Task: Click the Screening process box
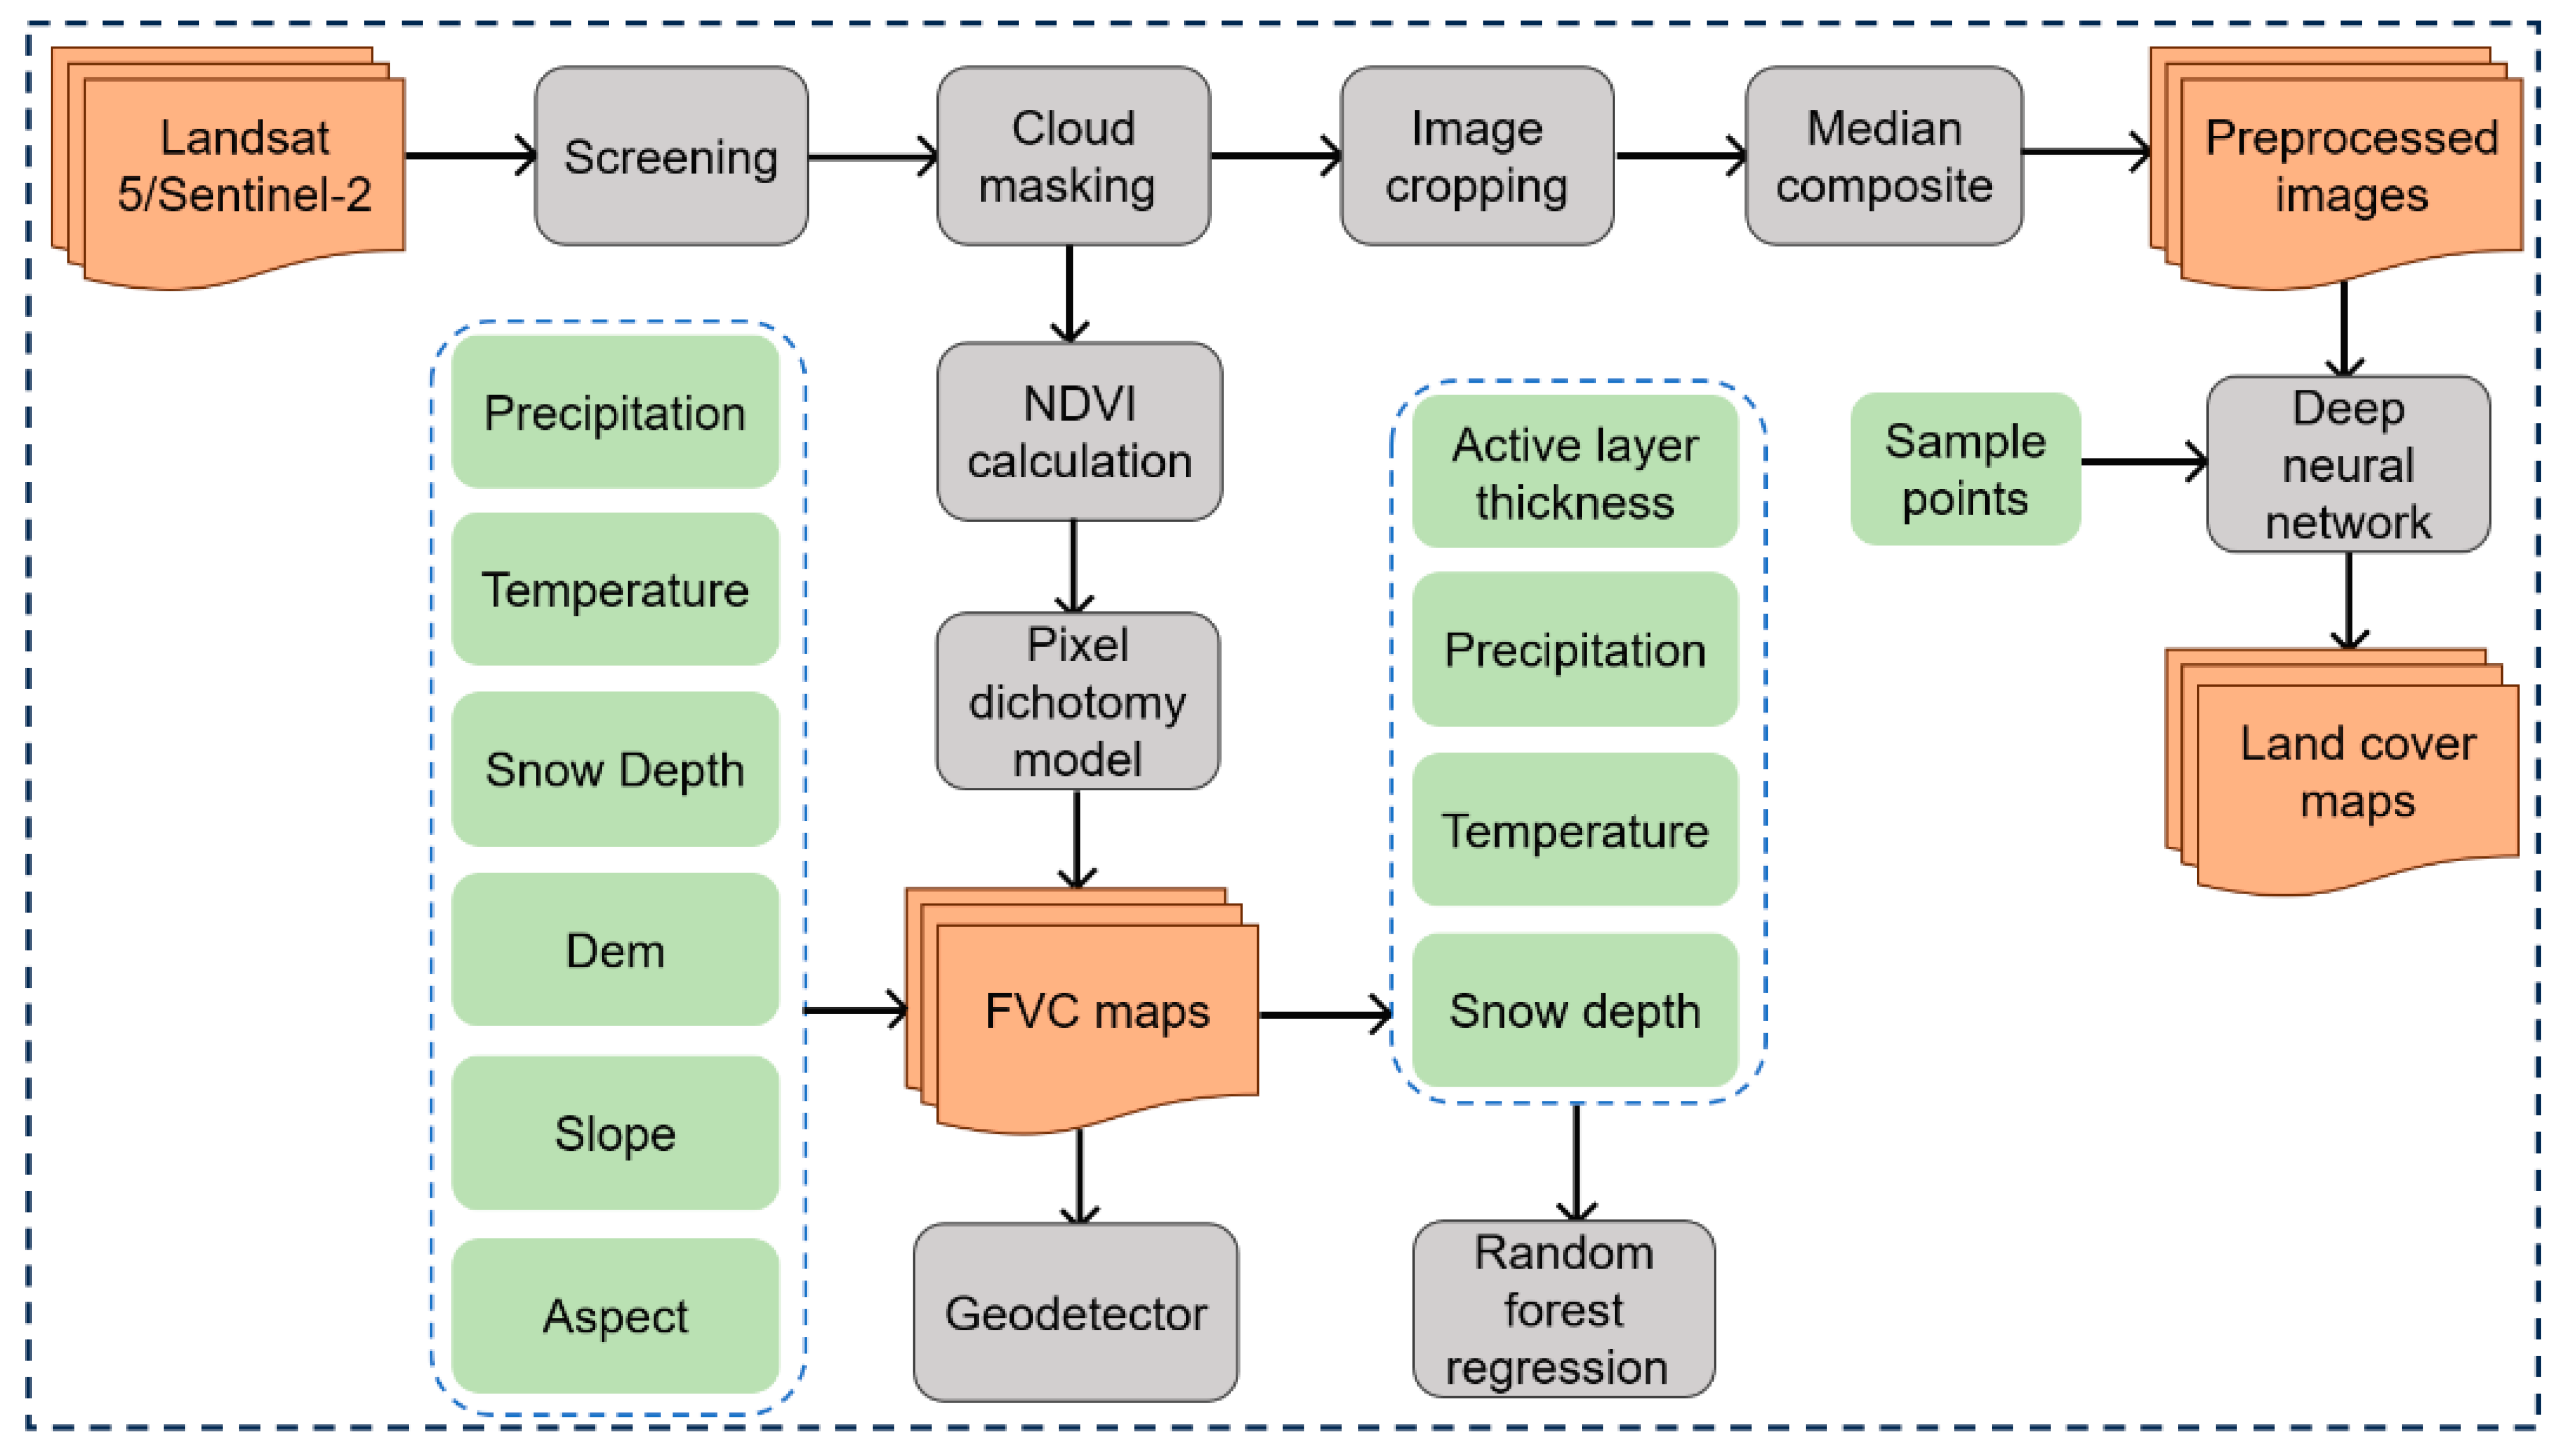pos(671,156)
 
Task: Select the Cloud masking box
pos(1074,156)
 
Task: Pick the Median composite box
pos(1884,156)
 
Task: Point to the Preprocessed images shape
pos(2337,168)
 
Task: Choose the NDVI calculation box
pos(1079,431)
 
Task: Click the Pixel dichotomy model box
pos(1078,701)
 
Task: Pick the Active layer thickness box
pos(1575,471)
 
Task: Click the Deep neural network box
pos(2348,464)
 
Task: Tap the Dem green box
pos(616,950)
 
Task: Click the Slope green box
pos(616,1133)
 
